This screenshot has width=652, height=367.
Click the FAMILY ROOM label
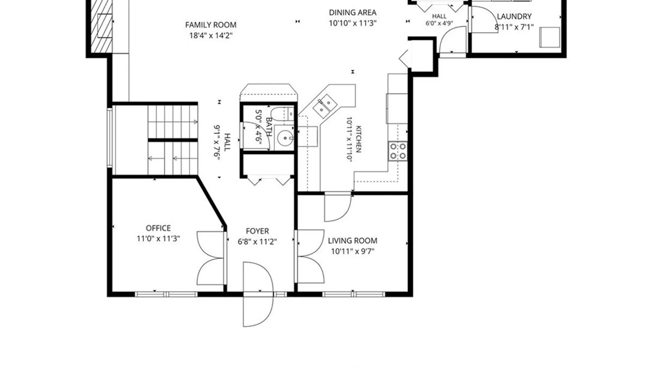[211, 25]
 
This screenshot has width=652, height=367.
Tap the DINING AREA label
[352, 13]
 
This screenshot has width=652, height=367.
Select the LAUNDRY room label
[514, 16]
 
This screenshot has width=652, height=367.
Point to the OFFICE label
[158, 228]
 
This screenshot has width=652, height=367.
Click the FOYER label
[257, 231]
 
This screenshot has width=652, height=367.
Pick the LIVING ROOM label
[352, 241]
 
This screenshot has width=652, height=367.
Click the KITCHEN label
[358, 139]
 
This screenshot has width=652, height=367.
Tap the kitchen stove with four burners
[398, 151]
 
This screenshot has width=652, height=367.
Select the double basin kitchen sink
[325, 106]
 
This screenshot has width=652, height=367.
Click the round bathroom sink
[285, 138]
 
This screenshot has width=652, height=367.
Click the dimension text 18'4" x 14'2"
[211, 36]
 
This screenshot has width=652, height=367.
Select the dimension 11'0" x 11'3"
[158, 239]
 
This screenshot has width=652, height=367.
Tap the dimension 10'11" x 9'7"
[352, 251]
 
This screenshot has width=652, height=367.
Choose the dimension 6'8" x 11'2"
[257, 242]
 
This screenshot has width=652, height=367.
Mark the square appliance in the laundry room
[549, 37]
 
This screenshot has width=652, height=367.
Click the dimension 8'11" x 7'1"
[514, 27]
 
